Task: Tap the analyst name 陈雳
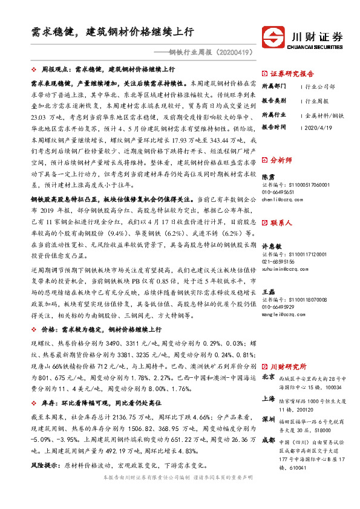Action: pos(267,176)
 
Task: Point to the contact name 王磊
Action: pos(267,292)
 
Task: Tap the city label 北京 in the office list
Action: pos(268,377)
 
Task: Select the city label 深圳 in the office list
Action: pos(268,418)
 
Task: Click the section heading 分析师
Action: pos(281,161)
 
